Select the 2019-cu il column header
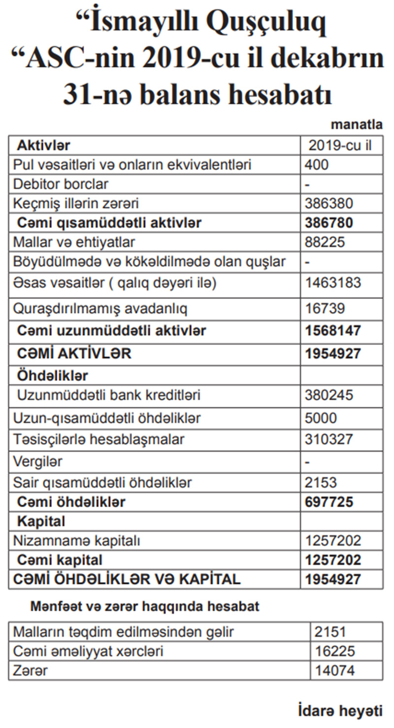coord(340,146)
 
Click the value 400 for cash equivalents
coord(317,165)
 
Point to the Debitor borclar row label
coord(61,184)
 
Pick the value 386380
coord(328,203)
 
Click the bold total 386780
coord(329,223)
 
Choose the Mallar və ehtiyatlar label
coord(74,242)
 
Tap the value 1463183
coord(333,283)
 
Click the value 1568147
coord(333,330)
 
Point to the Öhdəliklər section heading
coord(53,376)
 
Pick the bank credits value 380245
coord(328,395)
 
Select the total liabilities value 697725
coord(329,502)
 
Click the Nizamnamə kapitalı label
coord(77,541)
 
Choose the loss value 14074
coord(334,670)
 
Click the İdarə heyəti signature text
coord(340,710)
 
